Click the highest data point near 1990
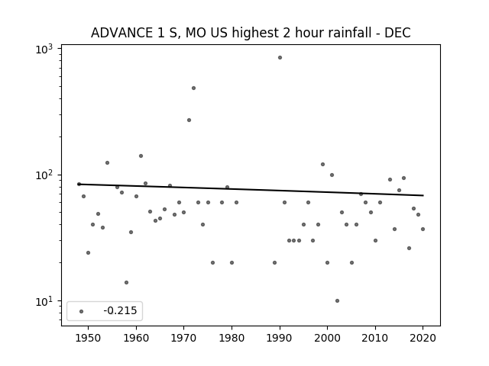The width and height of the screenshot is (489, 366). [280, 58]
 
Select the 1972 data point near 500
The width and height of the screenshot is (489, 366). [193, 88]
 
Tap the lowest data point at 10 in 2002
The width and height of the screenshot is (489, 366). [337, 300]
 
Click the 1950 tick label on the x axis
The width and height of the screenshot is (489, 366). [89, 338]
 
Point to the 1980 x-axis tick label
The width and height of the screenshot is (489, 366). [232, 338]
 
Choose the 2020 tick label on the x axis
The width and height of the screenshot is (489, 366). [423, 338]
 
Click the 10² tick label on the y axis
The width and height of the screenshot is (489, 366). [44, 175]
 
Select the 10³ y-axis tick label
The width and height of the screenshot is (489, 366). [44, 49]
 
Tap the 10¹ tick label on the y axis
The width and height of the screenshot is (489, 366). [44, 301]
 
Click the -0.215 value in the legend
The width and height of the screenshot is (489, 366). [120, 310]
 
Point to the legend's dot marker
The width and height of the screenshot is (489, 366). [81, 311]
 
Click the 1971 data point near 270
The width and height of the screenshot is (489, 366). [189, 120]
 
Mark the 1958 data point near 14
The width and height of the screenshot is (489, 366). [126, 283]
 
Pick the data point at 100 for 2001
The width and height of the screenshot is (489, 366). [332, 175]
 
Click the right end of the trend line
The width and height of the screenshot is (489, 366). [423, 195]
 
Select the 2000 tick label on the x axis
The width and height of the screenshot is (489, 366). [327, 338]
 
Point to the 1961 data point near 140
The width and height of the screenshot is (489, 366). [141, 156]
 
